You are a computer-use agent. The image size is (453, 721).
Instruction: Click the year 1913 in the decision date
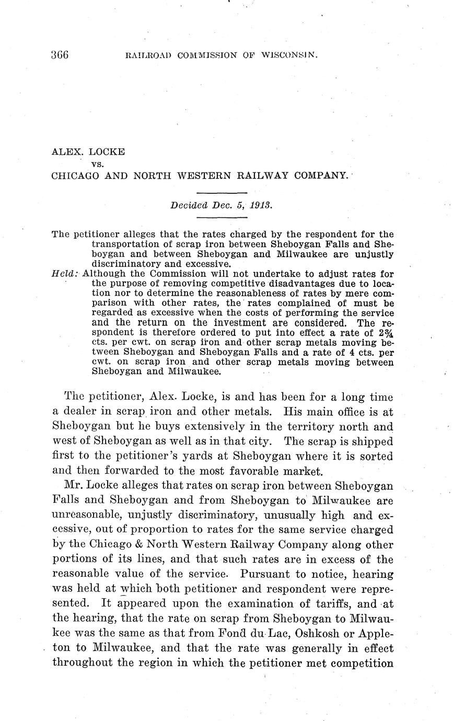tap(261, 205)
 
